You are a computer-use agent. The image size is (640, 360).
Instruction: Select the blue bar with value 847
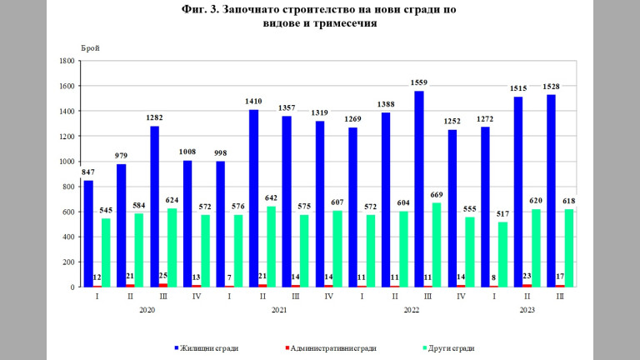(x=88, y=233)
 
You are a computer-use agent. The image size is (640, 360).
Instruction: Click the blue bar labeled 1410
(x=254, y=198)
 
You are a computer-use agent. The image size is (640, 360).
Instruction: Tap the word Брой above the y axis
(x=90, y=47)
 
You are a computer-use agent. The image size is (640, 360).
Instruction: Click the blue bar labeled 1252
(x=452, y=208)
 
